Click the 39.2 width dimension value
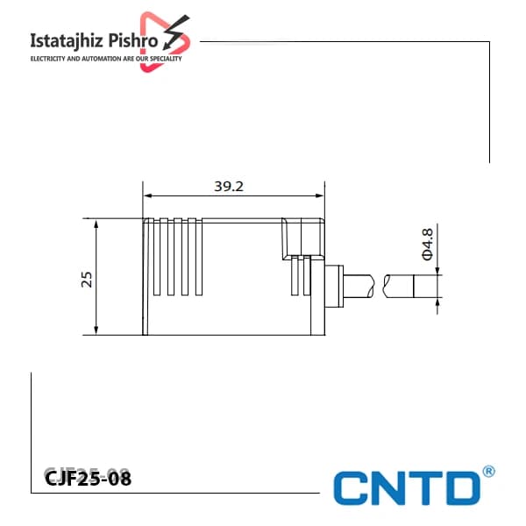pyautogui.click(x=229, y=187)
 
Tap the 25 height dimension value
pyautogui.click(x=87, y=280)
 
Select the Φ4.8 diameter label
pyautogui.click(x=428, y=245)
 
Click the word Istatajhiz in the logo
pyautogui.click(x=67, y=41)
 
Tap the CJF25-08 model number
pyautogui.click(x=88, y=478)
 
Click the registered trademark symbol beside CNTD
pyautogui.click(x=488, y=472)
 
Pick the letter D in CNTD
pyautogui.click(x=462, y=488)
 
